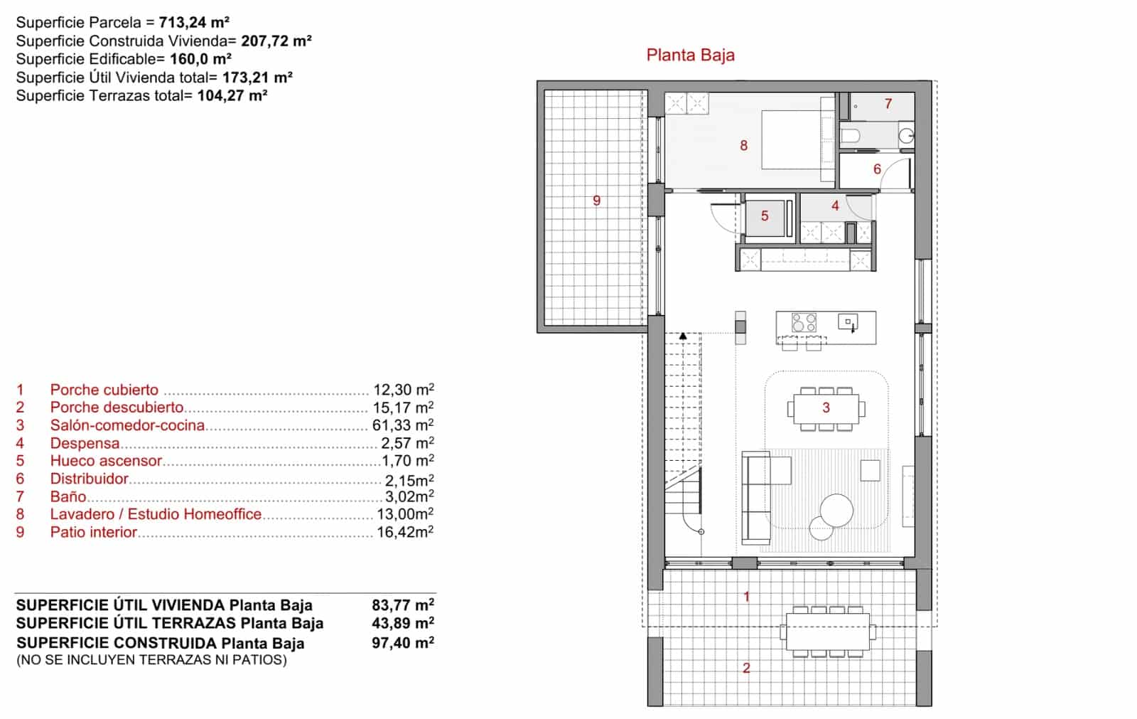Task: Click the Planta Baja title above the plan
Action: pyautogui.click(x=690, y=55)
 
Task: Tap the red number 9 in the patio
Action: pyautogui.click(x=596, y=201)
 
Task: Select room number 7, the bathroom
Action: pyautogui.click(x=888, y=104)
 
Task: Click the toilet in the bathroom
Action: pyautogui.click(x=851, y=136)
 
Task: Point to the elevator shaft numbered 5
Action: pyautogui.click(x=765, y=216)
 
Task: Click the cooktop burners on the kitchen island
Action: pyautogui.click(x=804, y=323)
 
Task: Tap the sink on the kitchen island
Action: pyautogui.click(x=848, y=322)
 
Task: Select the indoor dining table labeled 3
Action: pyautogui.click(x=825, y=408)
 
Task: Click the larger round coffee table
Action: pyautogui.click(x=836, y=510)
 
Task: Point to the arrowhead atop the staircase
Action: pyautogui.click(x=683, y=336)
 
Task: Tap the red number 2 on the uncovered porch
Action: pyautogui.click(x=746, y=669)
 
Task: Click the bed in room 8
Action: pyautogui.click(x=791, y=139)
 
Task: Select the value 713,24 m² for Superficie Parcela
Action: pyautogui.click(x=193, y=23)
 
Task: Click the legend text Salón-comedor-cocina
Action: pyautogui.click(x=127, y=425)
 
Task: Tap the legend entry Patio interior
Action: pyautogui.click(x=93, y=532)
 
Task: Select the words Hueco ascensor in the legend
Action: pyautogui.click(x=106, y=461)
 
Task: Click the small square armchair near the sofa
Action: pyautogui.click(x=870, y=470)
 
